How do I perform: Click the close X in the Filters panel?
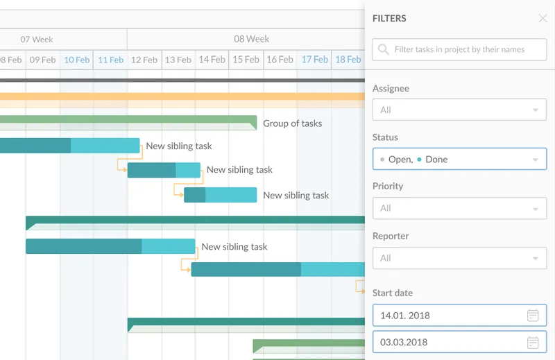coord(543,19)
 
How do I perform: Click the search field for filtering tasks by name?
coord(459,49)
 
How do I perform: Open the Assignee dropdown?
coord(459,110)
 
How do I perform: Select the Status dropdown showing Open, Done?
coord(459,159)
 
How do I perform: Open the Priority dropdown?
coord(459,208)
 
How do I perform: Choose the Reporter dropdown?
coord(459,258)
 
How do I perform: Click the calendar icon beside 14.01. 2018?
coord(533,315)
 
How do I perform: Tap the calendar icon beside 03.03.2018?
coord(533,342)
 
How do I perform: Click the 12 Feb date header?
coord(144,60)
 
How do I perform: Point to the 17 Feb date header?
coord(315,60)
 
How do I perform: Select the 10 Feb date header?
coord(77,60)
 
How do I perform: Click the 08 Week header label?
coord(251,39)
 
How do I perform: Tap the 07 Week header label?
coord(37,40)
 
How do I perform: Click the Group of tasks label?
coord(292,123)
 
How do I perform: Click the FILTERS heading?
coord(389,19)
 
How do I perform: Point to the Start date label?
coord(393,293)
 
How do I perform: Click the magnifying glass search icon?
coord(384,49)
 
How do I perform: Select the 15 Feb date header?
coord(246,60)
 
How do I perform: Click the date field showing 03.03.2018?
coord(459,342)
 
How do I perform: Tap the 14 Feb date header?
coord(212,60)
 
